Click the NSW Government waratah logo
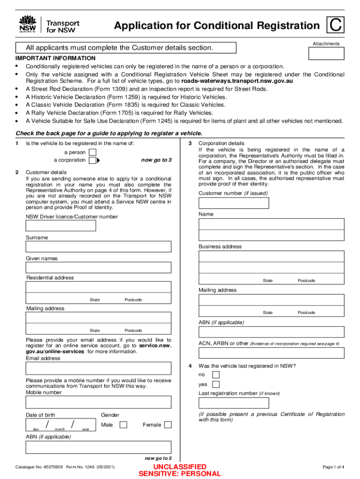28,24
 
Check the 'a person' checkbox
93,152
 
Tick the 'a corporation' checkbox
93,160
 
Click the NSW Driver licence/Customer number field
61,225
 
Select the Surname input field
99,247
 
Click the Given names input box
99,267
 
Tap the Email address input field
99,369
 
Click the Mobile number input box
99,403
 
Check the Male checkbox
123,425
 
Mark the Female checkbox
168,425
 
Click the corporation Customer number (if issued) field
234,203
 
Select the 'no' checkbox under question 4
216,375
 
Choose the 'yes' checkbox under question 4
216,385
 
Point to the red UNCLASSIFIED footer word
180,467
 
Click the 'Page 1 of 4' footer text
333,467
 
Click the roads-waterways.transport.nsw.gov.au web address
237,81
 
